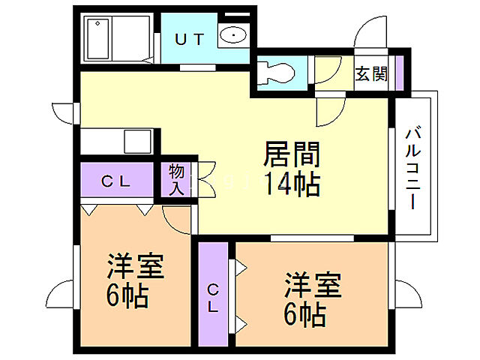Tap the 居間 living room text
click(x=292, y=155)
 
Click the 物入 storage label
click(x=177, y=179)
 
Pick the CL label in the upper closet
click(x=117, y=181)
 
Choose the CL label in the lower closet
click(x=214, y=298)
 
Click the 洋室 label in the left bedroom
click(x=136, y=266)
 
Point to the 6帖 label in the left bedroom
click(x=127, y=295)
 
